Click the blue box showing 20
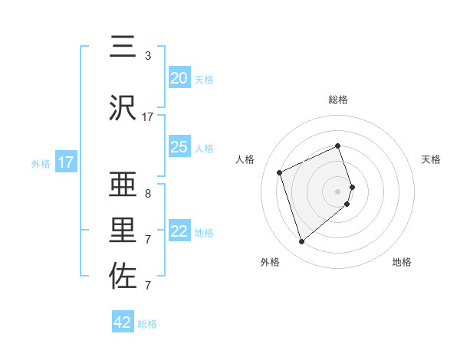179,77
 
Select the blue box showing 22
179,231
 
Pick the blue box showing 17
66,162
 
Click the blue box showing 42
123,322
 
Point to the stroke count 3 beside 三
147,55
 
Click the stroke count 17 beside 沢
148,117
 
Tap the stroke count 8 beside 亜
147,193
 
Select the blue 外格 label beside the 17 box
41,163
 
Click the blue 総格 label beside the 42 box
147,324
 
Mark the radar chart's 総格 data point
337,146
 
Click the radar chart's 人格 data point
281,172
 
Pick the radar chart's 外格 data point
301,241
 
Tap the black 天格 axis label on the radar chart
431,159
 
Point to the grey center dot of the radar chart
337,191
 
